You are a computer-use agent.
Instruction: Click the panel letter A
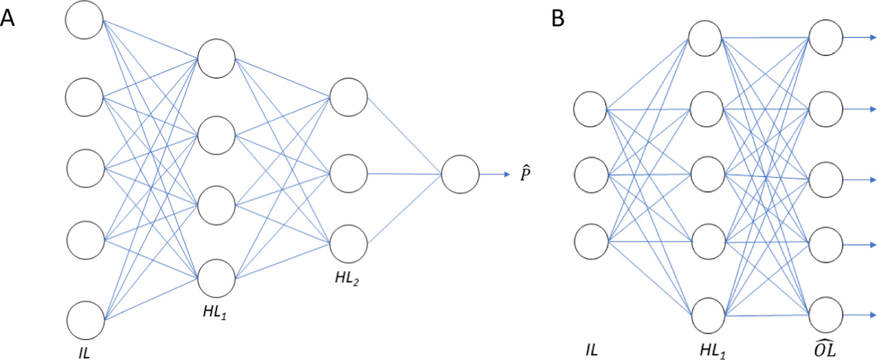click(x=8, y=19)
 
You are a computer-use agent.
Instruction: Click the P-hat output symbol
click(x=526, y=174)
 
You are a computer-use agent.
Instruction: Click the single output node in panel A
click(x=460, y=175)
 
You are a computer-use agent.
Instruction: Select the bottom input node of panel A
click(x=84, y=320)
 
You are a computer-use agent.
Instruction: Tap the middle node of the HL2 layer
click(x=348, y=174)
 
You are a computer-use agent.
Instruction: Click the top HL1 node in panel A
click(x=216, y=58)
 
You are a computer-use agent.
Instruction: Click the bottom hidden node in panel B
click(x=706, y=316)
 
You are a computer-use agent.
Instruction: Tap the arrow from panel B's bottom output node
click(x=860, y=315)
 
